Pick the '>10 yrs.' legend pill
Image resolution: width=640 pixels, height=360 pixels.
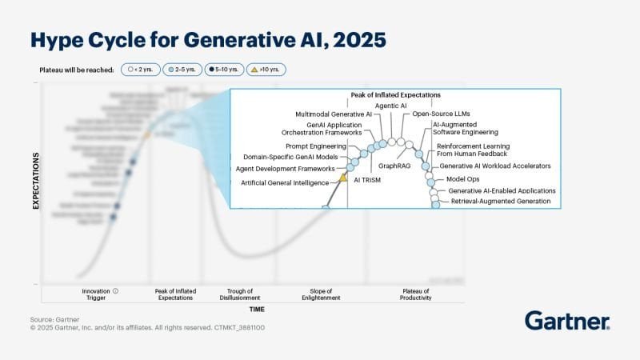coord(265,70)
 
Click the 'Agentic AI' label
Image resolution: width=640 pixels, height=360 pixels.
coord(391,106)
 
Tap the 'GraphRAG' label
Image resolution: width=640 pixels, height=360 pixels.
coord(394,166)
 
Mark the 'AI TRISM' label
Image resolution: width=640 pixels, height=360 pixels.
coord(367,180)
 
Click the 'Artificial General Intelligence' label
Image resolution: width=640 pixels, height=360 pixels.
coord(285,183)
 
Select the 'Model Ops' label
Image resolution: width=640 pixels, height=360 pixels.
coord(462,179)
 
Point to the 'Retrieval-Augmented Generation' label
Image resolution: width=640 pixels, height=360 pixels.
coord(501,202)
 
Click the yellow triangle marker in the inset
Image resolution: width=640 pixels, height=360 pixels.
coord(343,178)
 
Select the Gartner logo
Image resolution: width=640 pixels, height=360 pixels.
coord(567,322)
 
